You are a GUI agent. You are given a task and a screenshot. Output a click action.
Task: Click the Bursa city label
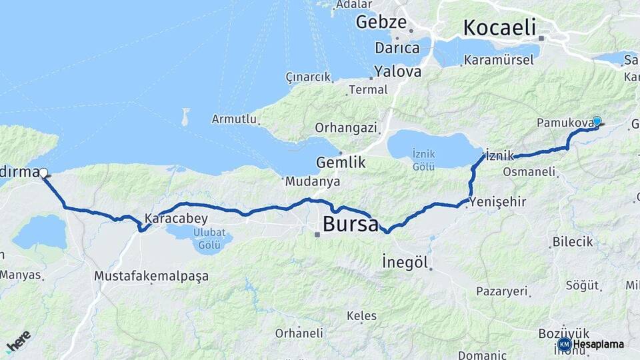(350, 224)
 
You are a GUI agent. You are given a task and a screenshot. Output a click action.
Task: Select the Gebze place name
(381, 22)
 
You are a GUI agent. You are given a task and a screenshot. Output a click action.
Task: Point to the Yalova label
(397, 71)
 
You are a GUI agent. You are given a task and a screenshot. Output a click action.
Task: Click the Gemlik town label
(341, 162)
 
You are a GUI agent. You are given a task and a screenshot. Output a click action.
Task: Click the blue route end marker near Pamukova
(597, 121)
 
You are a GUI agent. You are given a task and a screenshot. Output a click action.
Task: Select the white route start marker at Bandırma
(43, 173)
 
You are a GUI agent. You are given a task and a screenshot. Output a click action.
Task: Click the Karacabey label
(176, 219)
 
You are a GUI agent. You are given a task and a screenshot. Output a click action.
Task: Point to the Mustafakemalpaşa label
(151, 275)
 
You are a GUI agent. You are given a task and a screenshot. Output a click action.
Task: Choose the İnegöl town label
(405, 261)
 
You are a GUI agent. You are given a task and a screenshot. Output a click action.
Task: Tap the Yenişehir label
(498, 201)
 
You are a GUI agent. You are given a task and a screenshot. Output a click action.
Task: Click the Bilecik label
(573, 241)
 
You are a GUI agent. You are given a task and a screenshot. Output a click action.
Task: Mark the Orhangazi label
(346, 127)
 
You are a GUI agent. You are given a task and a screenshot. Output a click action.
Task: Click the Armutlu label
(234, 119)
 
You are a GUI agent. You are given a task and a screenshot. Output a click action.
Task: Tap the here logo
(18, 341)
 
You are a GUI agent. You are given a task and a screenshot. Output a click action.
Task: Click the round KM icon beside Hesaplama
(564, 345)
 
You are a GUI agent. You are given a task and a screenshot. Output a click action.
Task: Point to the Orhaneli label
(299, 333)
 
